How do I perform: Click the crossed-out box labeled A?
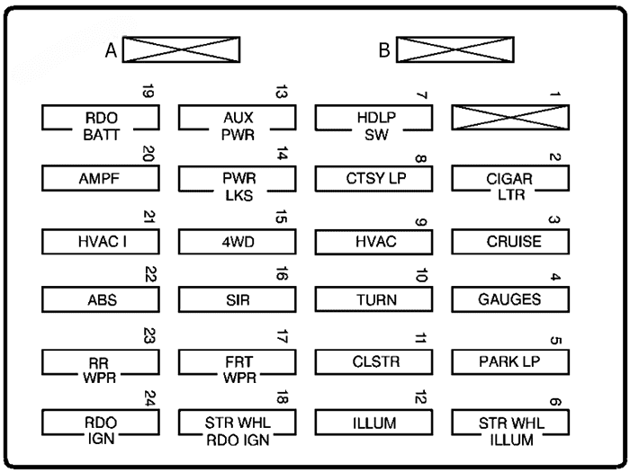[x=180, y=50]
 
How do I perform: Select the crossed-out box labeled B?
[x=454, y=50]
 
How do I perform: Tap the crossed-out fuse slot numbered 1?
[x=510, y=118]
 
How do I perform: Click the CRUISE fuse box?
[x=510, y=242]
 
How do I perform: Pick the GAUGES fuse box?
[x=510, y=299]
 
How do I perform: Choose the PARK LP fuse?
[x=510, y=361]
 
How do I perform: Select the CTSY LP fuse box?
[x=373, y=178]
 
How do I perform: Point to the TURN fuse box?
[x=373, y=299]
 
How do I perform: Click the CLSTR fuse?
[x=373, y=361]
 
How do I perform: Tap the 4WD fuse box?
[x=237, y=242]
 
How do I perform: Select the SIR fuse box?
[x=237, y=299]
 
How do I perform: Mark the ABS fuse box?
[x=101, y=299]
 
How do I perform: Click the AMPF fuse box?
[x=101, y=178]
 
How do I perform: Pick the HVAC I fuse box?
[x=101, y=242]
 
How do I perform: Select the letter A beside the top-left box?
[x=110, y=51]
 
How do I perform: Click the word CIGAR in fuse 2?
[x=510, y=178]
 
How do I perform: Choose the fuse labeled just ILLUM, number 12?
[x=373, y=422]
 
